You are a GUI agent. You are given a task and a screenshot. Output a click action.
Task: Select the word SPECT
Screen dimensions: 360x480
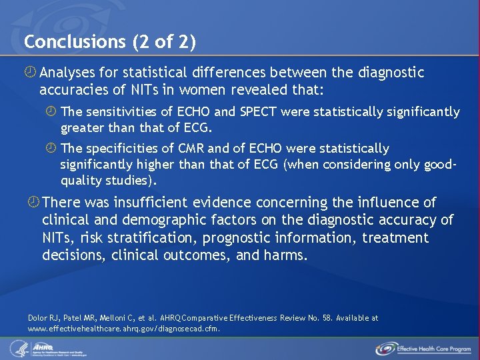[255, 111]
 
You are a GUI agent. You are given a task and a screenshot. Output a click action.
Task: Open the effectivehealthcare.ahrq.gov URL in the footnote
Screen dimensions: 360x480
[123, 328]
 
